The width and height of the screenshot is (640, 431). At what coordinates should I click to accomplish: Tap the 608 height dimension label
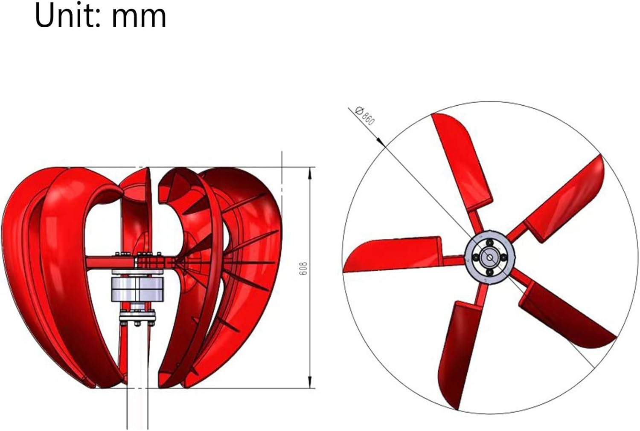[303, 268]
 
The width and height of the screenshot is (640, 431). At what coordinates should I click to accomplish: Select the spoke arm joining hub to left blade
[453, 259]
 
